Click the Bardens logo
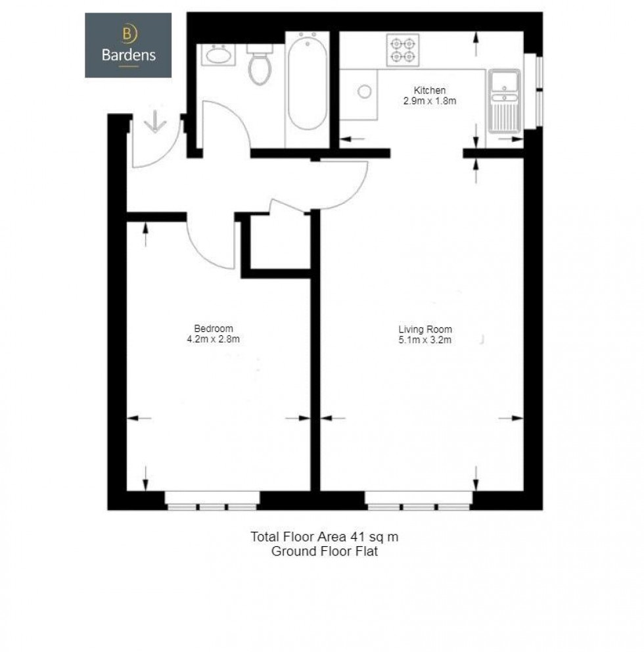pyautogui.click(x=128, y=45)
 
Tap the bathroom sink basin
pyautogui.click(x=218, y=55)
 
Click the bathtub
pyautogui.click(x=308, y=83)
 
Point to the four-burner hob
pyautogui.click(x=403, y=50)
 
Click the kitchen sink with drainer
pyautogui.click(x=504, y=101)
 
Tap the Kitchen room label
pyautogui.click(x=430, y=90)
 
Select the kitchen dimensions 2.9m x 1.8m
pyautogui.click(x=430, y=101)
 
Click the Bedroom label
pyautogui.click(x=214, y=329)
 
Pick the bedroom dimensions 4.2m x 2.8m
pyautogui.click(x=214, y=339)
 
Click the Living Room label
pyautogui.click(x=425, y=329)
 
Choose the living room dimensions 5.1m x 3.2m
pyautogui.click(x=425, y=340)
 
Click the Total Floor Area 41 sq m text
pyautogui.click(x=324, y=537)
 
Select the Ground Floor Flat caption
pyautogui.click(x=324, y=551)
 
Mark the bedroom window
pyautogui.click(x=212, y=501)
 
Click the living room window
pyautogui.click(x=419, y=501)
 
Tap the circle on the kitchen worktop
pyautogui.click(x=364, y=91)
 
